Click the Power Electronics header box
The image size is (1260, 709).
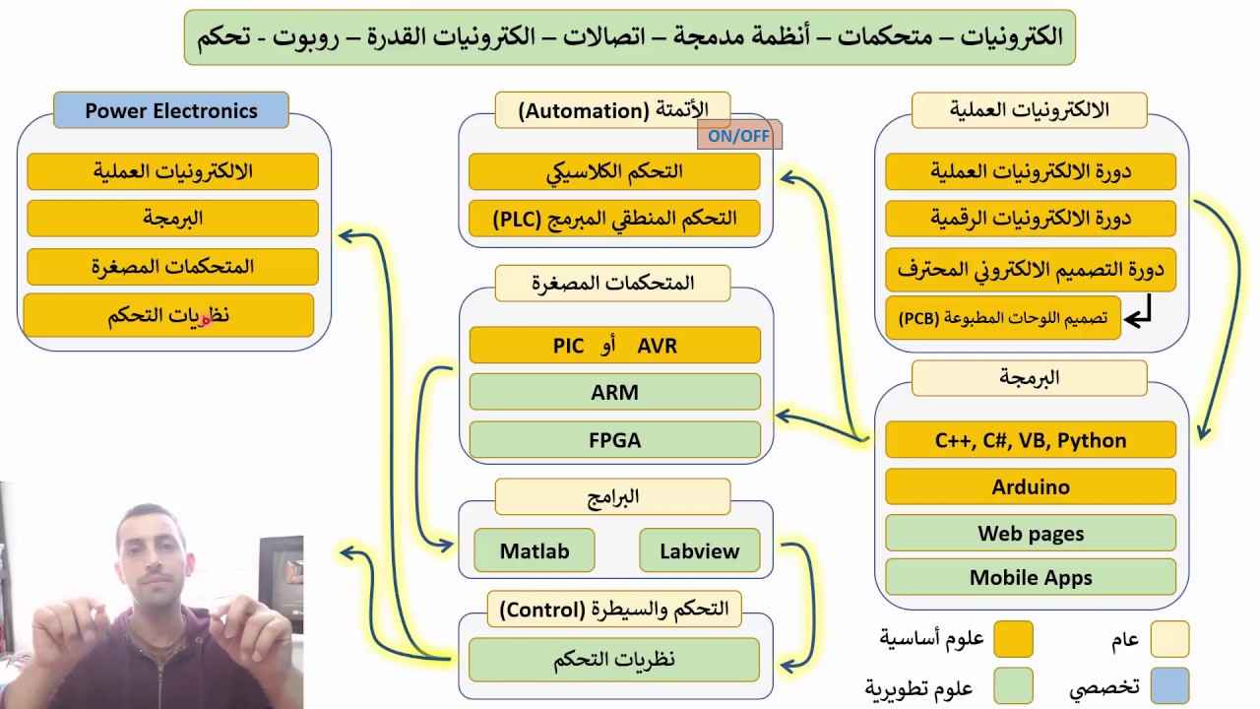pyautogui.click(x=171, y=110)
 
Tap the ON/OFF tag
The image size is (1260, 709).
pyautogui.click(x=738, y=136)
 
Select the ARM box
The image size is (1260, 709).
pyautogui.click(x=614, y=392)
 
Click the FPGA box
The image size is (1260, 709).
pyautogui.click(x=614, y=439)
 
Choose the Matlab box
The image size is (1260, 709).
pyautogui.click(x=535, y=551)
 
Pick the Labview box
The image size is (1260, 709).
pyautogui.click(x=699, y=551)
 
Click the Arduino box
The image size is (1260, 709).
pyautogui.click(x=1031, y=486)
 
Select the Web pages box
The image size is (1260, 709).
pyautogui.click(x=1031, y=534)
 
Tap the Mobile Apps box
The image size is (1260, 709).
pyautogui.click(x=1031, y=578)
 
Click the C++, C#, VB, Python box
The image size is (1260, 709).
pyautogui.click(x=1031, y=440)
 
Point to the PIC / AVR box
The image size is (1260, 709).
pyautogui.click(x=614, y=346)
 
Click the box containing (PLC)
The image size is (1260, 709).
pyautogui.click(x=614, y=218)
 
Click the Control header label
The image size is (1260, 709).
pyautogui.click(x=614, y=609)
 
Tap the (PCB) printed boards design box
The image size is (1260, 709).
pyautogui.click(x=1002, y=318)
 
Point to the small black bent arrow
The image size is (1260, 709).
pyautogui.click(x=1139, y=315)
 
